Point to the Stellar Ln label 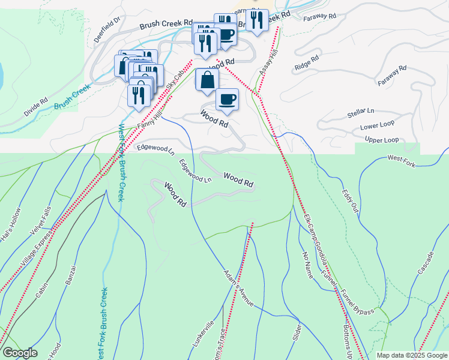click(x=360, y=112)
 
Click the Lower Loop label click(x=377, y=126)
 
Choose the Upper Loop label click(x=382, y=140)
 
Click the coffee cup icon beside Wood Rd click(x=227, y=100)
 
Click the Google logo click(x=20, y=353)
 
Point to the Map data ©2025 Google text click(x=411, y=355)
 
